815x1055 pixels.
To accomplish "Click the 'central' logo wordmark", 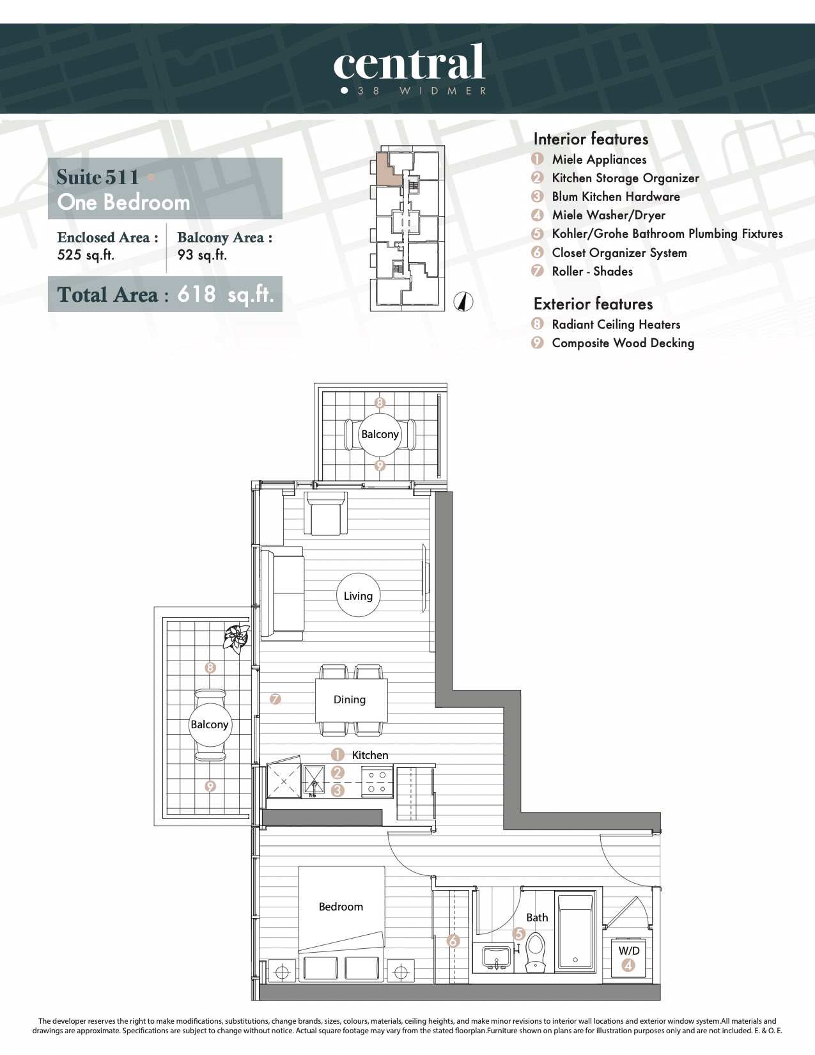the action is (x=408, y=61).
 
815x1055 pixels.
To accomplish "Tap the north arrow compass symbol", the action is (x=463, y=302).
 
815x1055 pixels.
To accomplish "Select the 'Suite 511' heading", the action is (x=98, y=176).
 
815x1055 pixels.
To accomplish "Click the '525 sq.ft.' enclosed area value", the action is (x=86, y=255).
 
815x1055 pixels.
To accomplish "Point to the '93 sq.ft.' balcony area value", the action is (x=202, y=255).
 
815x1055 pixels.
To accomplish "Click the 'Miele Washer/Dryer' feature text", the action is (x=609, y=215).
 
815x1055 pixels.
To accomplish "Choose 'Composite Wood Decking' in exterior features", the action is (x=623, y=343).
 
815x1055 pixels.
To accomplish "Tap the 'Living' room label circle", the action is (x=358, y=595).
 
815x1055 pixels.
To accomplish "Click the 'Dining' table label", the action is (x=350, y=699).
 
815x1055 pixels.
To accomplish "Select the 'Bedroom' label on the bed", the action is (x=341, y=907).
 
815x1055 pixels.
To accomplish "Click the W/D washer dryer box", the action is (x=628, y=957).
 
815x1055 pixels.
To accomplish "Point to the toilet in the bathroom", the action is (x=536, y=952).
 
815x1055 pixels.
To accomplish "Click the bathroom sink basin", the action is (x=496, y=957).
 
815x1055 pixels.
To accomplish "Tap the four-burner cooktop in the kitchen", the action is (x=376, y=782).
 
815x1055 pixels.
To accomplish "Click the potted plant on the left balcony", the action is (x=237, y=638).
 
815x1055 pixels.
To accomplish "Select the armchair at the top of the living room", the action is (x=325, y=513).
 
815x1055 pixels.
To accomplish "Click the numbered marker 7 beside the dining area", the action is (x=276, y=699).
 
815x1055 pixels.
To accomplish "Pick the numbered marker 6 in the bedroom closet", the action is (x=453, y=941).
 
